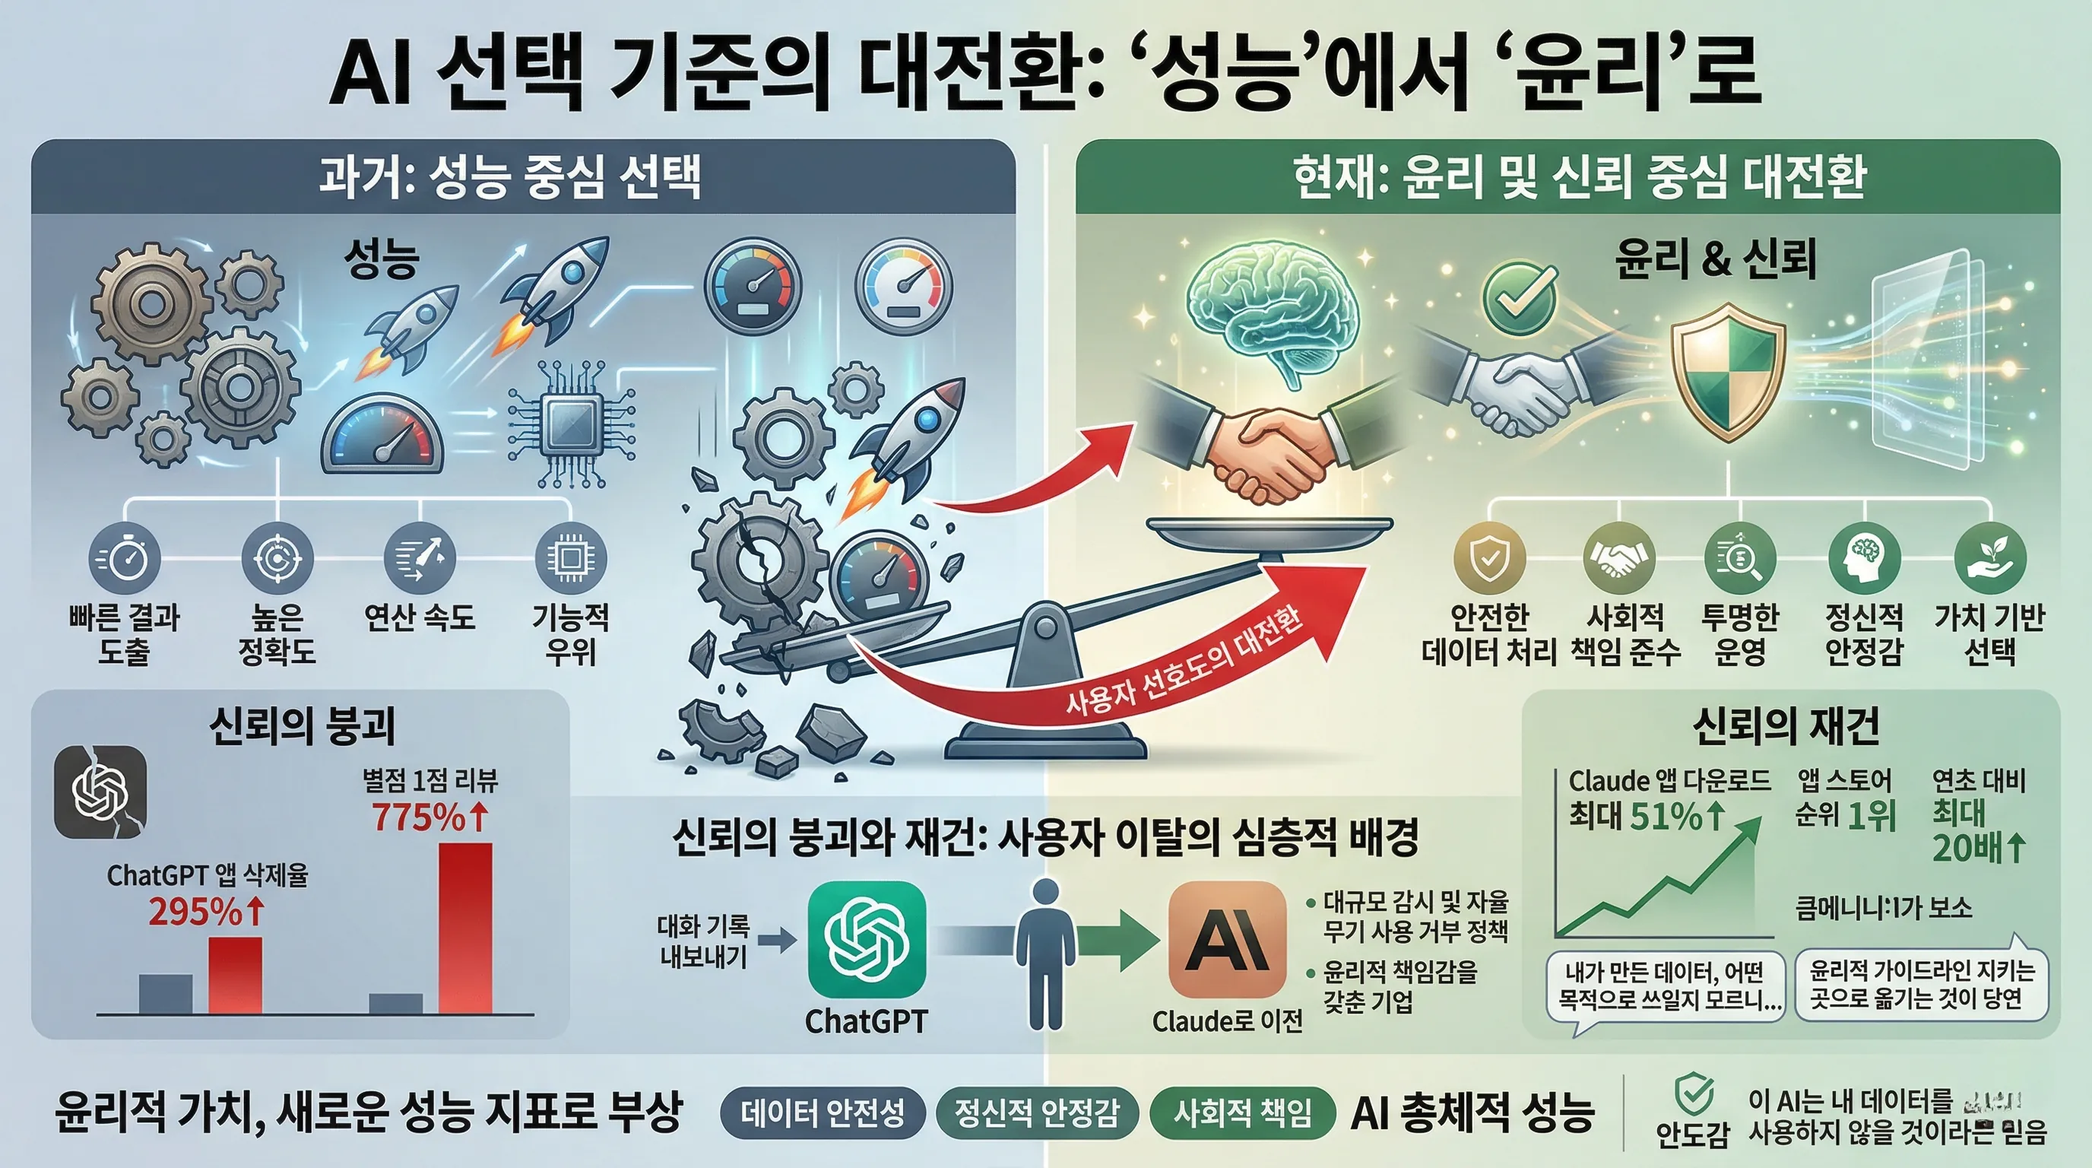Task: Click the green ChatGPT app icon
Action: coord(867,940)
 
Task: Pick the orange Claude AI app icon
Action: coord(1226,940)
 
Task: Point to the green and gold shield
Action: coord(1727,371)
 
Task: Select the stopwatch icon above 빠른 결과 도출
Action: coord(124,559)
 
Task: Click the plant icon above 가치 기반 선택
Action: coord(1989,559)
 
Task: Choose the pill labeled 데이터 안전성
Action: coord(822,1112)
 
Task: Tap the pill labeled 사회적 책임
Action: coord(1243,1112)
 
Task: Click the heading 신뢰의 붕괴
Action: coord(301,725)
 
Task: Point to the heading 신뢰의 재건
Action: coord(1786,725)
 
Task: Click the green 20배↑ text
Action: coord(1978,848)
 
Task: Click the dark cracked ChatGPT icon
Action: coord(100,792)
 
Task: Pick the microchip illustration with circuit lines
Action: coord(571,426)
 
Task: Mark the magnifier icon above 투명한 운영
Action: coord(1739,559)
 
